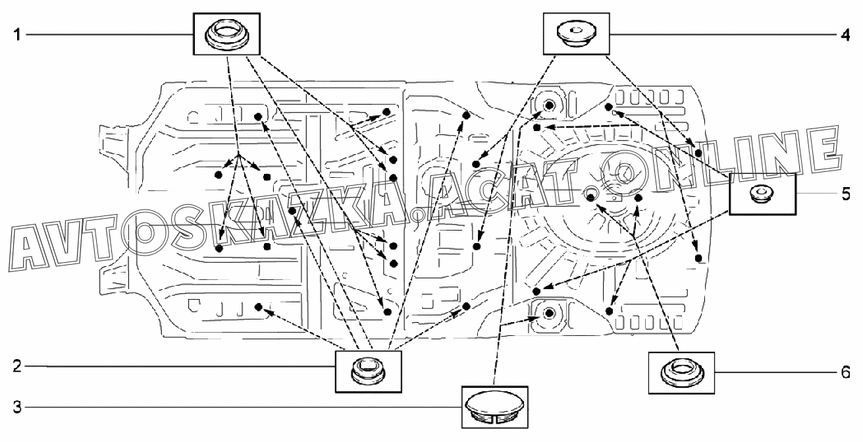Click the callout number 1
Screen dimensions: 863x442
[17, 35]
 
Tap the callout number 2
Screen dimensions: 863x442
[17, 366]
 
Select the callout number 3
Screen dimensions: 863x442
[17, 407]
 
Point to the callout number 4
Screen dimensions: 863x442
[845, 35]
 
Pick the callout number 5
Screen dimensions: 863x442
[846, 194]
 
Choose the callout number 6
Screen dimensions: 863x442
[845, 372]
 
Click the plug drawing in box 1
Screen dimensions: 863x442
[226, 36]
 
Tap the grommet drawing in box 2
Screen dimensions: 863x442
[368, 371]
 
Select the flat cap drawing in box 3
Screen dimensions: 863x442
[494, 407]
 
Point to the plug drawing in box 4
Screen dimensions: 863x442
[577, 35]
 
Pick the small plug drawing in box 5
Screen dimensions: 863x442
[762, 193]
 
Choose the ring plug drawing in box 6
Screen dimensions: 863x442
[681, 373]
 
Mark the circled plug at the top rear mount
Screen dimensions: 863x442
[550, 105]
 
